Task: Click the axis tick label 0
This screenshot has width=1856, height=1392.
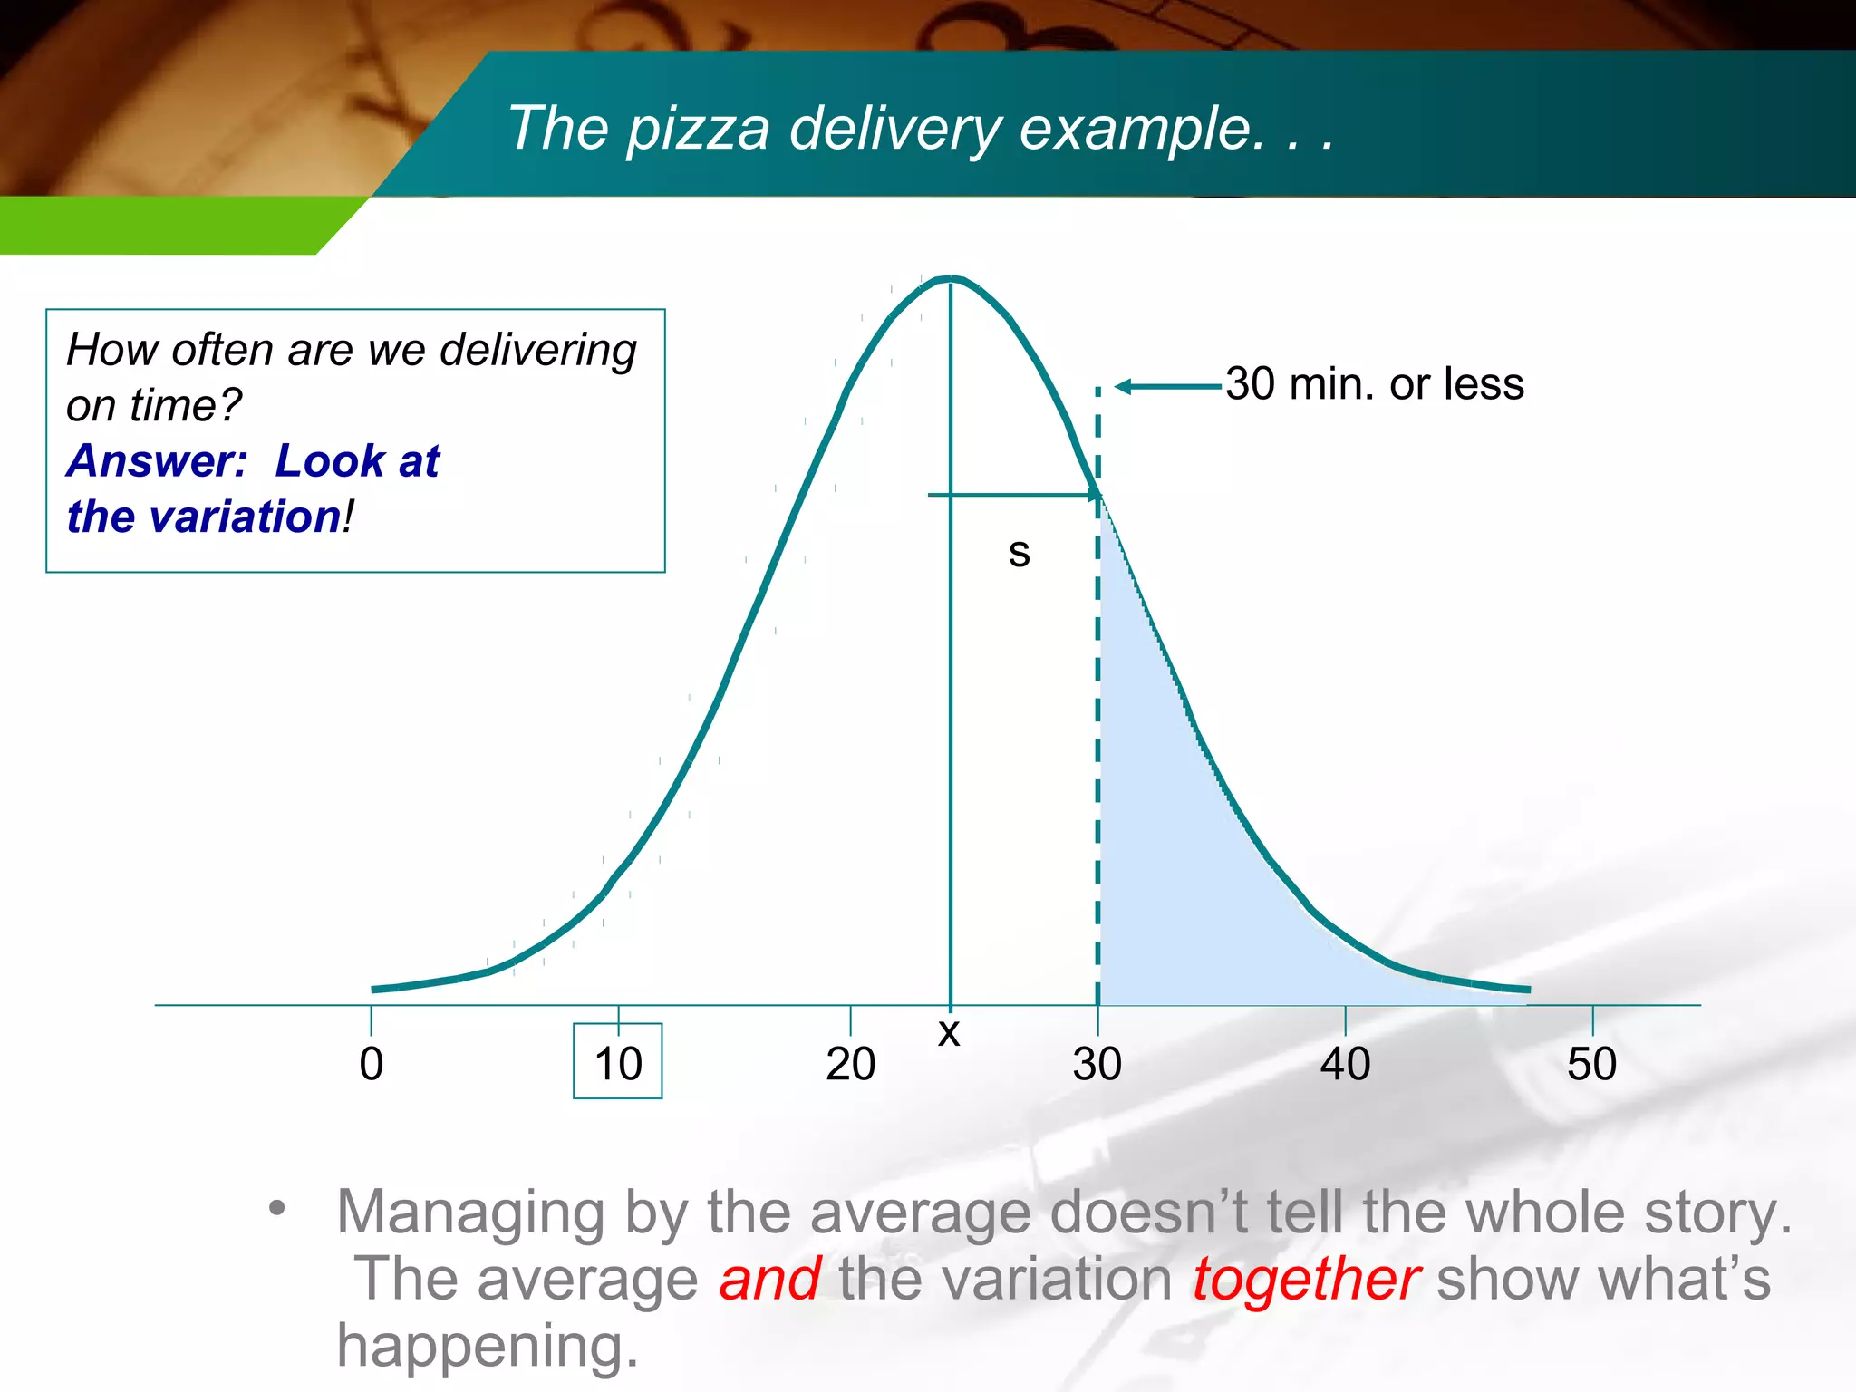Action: [371, 1064]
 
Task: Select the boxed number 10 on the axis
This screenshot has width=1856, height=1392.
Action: [618, 1063]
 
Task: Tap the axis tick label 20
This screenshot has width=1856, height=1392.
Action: [850, 1064]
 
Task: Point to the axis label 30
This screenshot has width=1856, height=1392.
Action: [1097, 1064]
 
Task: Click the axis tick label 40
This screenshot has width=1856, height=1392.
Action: [1345, 1064]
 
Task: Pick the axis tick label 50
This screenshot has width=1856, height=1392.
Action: [1592, 1064]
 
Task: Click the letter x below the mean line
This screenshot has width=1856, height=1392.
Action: [949, 1032]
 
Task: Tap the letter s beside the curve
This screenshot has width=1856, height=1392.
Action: [1019, 552]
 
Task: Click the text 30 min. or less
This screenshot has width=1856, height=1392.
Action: [1374, 384]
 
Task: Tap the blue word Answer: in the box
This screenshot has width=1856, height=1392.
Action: [157, 460]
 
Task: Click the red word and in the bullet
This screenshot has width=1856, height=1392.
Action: [770, 1279]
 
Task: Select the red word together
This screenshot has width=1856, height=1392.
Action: [1305, 1279]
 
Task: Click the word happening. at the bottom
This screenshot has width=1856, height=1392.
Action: [488, 1345]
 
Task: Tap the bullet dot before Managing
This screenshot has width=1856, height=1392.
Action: [277, 1208]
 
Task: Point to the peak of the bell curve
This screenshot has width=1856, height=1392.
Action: [950, 277]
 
